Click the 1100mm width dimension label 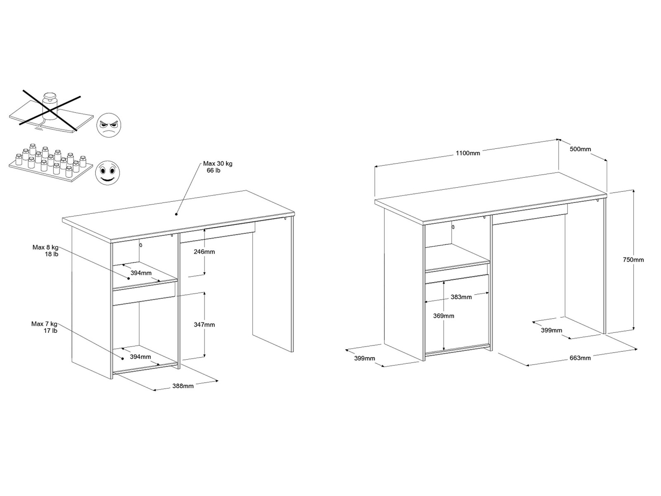[x=468, y=153]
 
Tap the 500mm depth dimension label [x=580, y=149]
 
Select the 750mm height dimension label [x=633, y=260]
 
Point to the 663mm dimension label [x=580, y=358]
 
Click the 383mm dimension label [x=461, y=297]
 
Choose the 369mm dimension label [x=444, y=316]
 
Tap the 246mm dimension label [x=204, y=252]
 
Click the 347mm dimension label [x=204, y=324]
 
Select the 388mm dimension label [x=183, y=386]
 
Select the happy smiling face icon [x=107, y=172]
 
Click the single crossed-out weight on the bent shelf [x=50, y=105]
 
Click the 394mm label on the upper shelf [x=141, y=273]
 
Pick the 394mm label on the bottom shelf [x=140, y=357]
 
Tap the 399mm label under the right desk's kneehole [x=552, y=330]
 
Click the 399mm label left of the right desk [x=364, y=358]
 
